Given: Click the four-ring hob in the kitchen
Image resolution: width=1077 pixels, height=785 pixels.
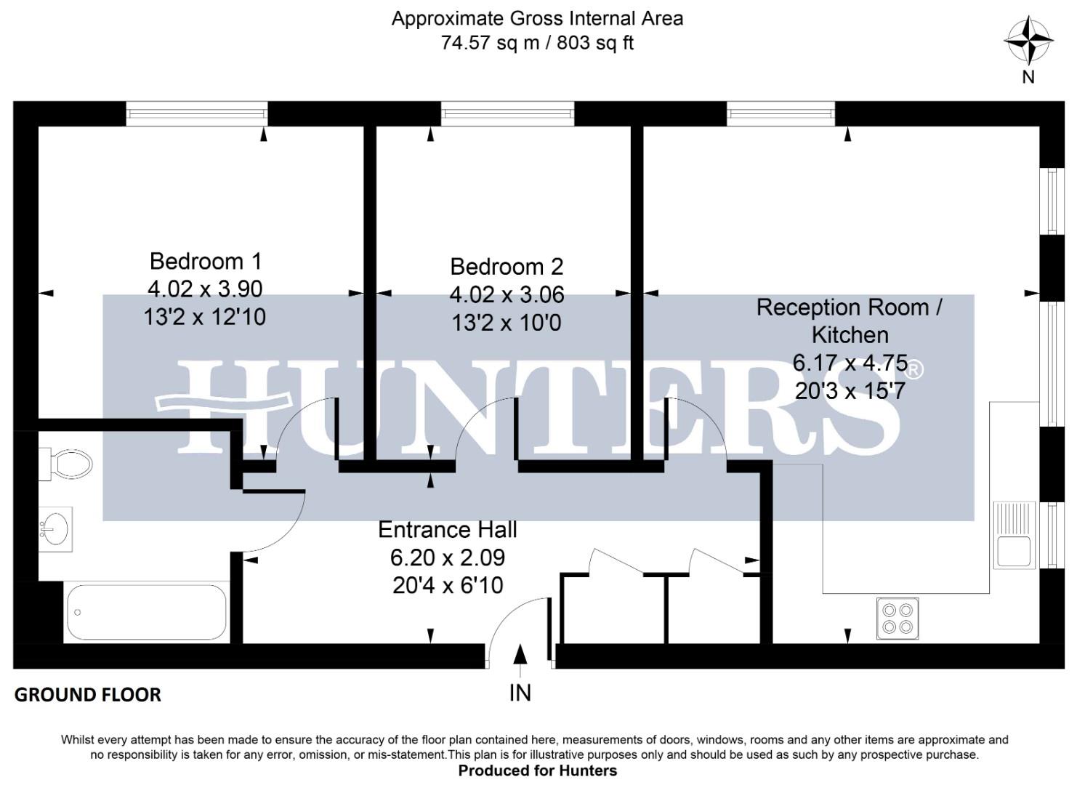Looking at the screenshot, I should [x=897, y=618].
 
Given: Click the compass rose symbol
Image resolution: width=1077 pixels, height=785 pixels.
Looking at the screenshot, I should [x=1028, y=41].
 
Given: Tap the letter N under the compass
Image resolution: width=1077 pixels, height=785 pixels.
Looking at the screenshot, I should [x=1028, y=76].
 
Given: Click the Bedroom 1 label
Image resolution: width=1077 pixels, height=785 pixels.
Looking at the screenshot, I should [x=206, y=261].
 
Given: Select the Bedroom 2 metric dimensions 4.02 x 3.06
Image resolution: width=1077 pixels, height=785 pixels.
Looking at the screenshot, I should [x=507, y=294].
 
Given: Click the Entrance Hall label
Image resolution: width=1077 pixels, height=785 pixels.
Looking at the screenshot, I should [x=448, y=529].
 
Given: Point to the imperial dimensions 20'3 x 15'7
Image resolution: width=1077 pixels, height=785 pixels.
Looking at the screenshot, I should [x=850, y=391].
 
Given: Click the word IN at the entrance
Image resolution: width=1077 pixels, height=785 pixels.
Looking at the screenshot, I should [x=520, y=693].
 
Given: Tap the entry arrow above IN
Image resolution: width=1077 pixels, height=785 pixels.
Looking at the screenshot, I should [x=520, y=654].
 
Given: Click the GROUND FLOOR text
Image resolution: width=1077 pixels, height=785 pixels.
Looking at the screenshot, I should [x=88, y=695].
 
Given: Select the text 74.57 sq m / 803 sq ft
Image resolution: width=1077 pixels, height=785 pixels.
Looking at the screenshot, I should [x=537, y=43].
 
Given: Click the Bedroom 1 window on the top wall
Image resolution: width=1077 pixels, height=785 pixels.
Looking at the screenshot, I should [x=197, y=113].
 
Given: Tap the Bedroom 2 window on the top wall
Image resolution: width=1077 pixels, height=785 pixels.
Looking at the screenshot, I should [x=507, y=113].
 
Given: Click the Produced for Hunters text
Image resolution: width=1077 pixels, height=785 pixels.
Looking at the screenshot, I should [x=537, y=770].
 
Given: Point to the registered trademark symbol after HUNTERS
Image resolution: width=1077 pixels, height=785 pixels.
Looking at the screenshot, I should [x=915, y=370].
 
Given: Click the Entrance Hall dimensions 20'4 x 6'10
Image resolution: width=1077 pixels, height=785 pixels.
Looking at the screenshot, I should [x=448, y=585].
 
